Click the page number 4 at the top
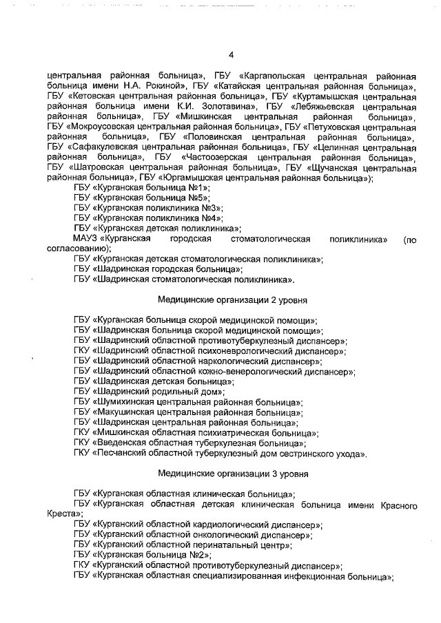click(x=231, y=55)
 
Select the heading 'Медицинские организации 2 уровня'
click(x=232, y=301)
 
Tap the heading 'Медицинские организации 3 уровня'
click(x=232, y=474)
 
